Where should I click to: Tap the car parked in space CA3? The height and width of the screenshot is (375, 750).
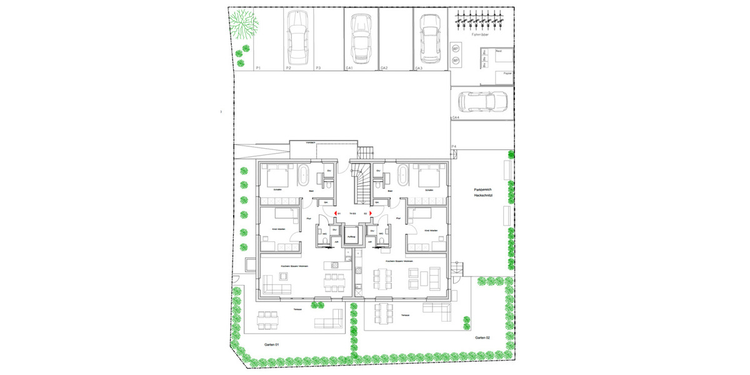pyautogui.click(x=428, y=34)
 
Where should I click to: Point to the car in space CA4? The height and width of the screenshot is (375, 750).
pyautogui.click(x=482, y=101)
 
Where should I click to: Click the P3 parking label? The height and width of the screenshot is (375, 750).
pyautogui.click(x=318, y=67)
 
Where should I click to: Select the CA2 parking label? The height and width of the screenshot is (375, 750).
pyautogui.click(x=384, y=67)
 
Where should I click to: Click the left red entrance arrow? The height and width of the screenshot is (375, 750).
pyautogui.click(x=335, y=213)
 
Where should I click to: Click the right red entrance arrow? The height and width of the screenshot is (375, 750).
pyautogui.click(x=371, y=213)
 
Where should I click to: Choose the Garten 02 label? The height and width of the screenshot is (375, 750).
pyautogui.click(x=482, y=337)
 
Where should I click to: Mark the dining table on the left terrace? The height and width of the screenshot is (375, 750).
pyautogui.click(x=268, y=319)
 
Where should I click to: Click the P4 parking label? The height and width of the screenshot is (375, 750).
pyautogui.click(x=453, y=146)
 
